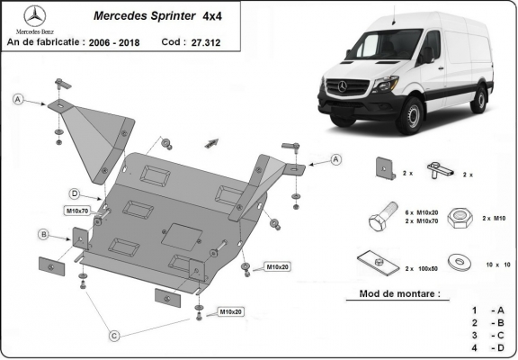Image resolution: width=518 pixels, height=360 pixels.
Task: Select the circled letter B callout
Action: (42, 235)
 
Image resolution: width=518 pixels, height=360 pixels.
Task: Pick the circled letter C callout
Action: (114, 336)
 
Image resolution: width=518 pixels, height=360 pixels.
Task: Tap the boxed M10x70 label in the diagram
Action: (77, 211)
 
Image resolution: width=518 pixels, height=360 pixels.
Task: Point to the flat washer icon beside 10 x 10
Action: (462, 261)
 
